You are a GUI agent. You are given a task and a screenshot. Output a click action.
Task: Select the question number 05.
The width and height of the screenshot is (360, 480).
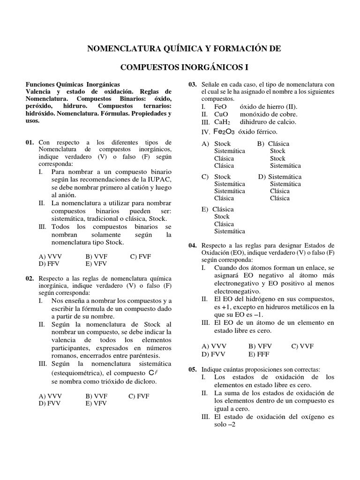[193, 370]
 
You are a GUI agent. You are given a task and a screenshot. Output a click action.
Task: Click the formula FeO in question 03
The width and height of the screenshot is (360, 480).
[220, 106]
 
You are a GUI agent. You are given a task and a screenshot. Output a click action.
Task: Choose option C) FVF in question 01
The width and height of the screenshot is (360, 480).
[140, 256]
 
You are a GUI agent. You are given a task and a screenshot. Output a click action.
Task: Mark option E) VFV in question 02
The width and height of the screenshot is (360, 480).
[96, 403]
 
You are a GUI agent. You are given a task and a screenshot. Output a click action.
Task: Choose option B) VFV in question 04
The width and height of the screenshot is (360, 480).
[260, 346]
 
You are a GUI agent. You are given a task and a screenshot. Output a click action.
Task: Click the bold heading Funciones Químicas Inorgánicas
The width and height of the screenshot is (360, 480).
[73, 83]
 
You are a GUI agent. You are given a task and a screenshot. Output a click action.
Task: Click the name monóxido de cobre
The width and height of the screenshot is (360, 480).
[269, 114]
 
